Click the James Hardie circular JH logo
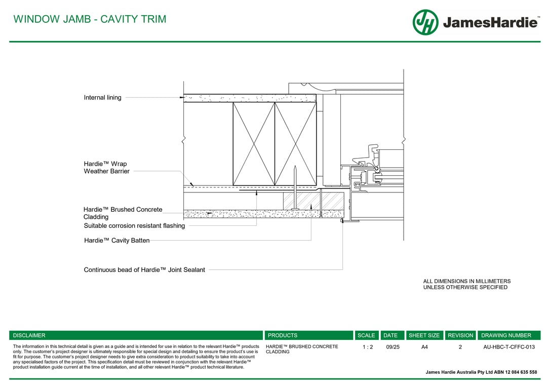pos(425,22)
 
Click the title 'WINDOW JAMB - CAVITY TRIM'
pos(90,19)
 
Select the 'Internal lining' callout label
pos(102,98)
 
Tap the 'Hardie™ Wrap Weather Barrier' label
pos(106,168)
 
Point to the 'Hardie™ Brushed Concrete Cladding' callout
pos(123,213)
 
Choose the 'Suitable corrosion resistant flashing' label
pos(134,226)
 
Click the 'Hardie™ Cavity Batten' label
pos(116,241)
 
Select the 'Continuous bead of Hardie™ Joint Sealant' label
pos(144,270)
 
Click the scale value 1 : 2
pos(368,347)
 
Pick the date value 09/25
pos(392,347)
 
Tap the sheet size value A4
pos(424,347)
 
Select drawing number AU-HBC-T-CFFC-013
pos(509,347)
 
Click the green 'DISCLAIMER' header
pos(29,335)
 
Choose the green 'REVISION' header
pos(460,335)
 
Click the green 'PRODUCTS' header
pos(283,335)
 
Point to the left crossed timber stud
pos(254,144)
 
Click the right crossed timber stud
pos(295,144)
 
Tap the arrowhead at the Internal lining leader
pos(181,97)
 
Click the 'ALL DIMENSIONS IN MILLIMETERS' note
pos(466,281)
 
